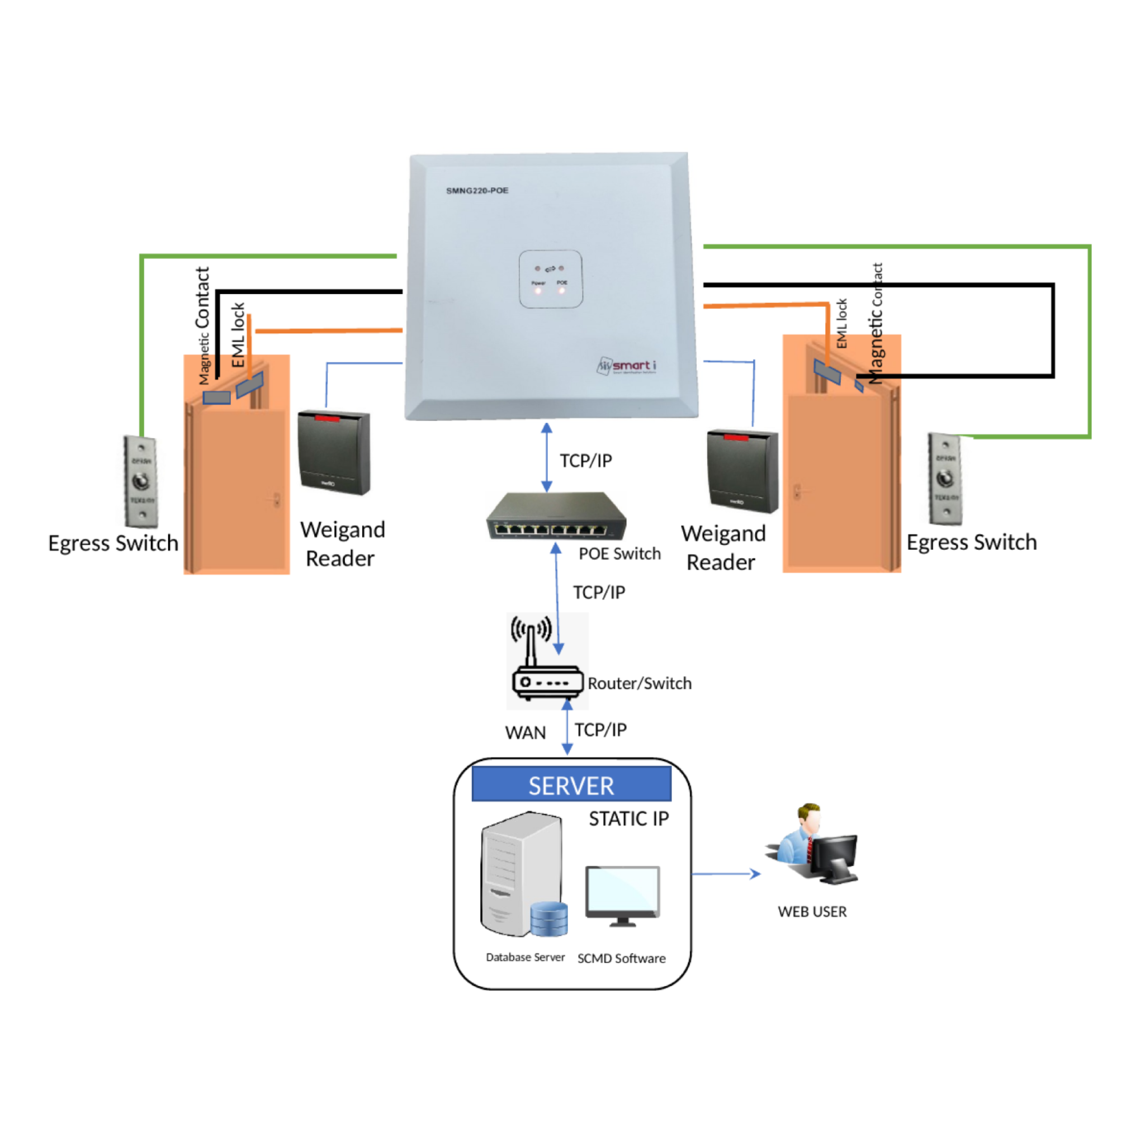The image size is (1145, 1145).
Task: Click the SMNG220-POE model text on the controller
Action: click(x=477, y=190)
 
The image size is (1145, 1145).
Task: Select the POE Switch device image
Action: click(x=556, y=516)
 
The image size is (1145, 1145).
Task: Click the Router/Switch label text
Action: click(x=640, y=683)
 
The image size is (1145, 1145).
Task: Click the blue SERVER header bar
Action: click(x=571, y=786)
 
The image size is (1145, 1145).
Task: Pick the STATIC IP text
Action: click(x=629, y=819)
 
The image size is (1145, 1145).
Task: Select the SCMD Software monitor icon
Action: click(x=622, y=896)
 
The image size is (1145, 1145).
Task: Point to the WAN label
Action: click(x=525, y=733)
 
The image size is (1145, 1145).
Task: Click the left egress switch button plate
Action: click(x=141, y=481)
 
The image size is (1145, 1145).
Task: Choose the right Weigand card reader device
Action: click(x=742, y=471)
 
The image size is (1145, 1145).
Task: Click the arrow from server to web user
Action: click(x=726, y=874)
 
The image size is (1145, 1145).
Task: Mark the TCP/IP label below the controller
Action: click(x=585, y=461)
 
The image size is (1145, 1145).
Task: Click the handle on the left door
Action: click(x=276, y=501)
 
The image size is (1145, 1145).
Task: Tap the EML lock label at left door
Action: click(x=238, y=335)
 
